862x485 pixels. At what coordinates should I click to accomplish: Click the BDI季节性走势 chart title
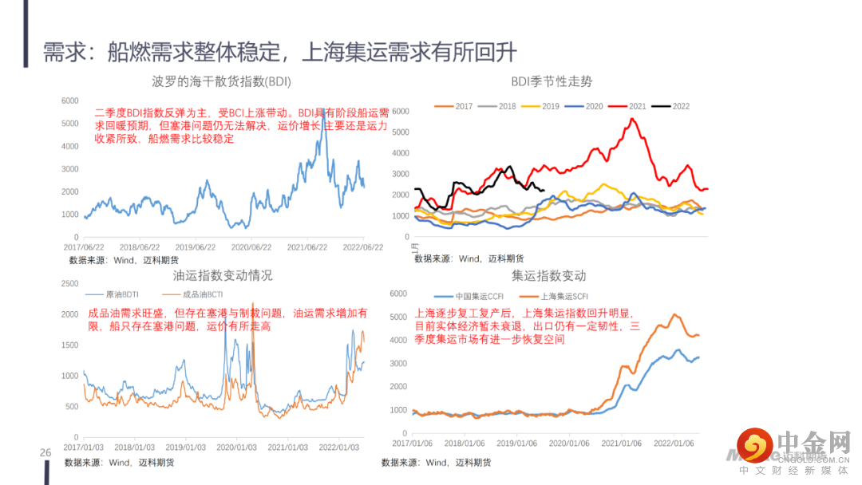click(552, 81)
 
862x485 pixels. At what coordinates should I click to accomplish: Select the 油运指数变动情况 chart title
click(223, 275)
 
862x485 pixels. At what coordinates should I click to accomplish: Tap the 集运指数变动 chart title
click(548, 275)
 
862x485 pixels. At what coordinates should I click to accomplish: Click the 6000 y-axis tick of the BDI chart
click(70, 101)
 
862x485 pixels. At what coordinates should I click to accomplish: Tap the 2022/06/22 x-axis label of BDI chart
click(364, 248)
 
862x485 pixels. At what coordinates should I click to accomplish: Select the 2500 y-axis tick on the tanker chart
click(69, 283)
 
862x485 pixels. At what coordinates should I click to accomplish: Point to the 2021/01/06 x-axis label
click(623, 443)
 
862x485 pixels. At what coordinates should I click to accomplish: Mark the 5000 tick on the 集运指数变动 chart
click(397, 317)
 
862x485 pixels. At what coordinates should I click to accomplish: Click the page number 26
click(45, 453)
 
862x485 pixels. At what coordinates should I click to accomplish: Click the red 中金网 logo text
click(815, 443)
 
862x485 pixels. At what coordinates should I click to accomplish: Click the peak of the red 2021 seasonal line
click(632, 119)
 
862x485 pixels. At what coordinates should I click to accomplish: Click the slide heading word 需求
click(61, 53)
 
